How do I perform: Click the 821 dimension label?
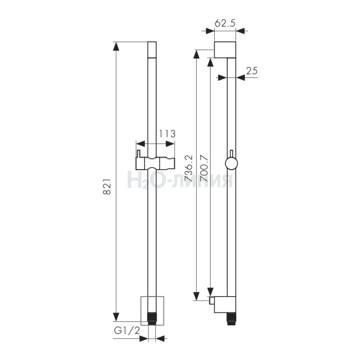coord(107,187)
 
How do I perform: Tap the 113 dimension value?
coord(167,134)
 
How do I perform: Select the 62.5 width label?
coord(225,23)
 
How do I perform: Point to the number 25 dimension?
coord(252,71)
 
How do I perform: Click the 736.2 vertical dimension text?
coord(188,168)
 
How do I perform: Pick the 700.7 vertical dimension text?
coord(203,168)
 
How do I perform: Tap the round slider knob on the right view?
coord(232,164)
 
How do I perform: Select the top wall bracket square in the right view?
coord(225,50)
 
